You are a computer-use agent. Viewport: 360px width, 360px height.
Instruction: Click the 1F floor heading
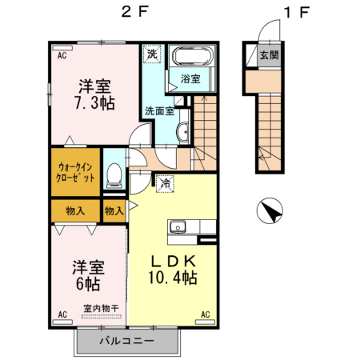(296, 13)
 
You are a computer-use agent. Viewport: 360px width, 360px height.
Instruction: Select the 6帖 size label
(87, 284)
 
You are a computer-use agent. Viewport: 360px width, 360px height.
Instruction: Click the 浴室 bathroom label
(190, 80)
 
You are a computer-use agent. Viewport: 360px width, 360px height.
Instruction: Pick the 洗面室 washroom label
(159, 111)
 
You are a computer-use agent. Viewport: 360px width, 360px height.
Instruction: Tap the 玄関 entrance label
(268, 55)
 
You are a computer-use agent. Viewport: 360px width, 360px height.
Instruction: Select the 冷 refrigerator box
(165, 182)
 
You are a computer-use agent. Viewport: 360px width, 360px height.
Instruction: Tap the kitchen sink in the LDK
(176, 228)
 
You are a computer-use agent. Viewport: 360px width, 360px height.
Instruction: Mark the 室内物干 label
(99, 307)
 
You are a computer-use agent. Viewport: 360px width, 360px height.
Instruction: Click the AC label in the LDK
(205, 314)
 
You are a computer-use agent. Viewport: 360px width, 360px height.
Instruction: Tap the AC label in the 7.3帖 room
(61, 55)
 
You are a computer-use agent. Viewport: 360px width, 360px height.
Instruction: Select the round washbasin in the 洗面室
(183, 131)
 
